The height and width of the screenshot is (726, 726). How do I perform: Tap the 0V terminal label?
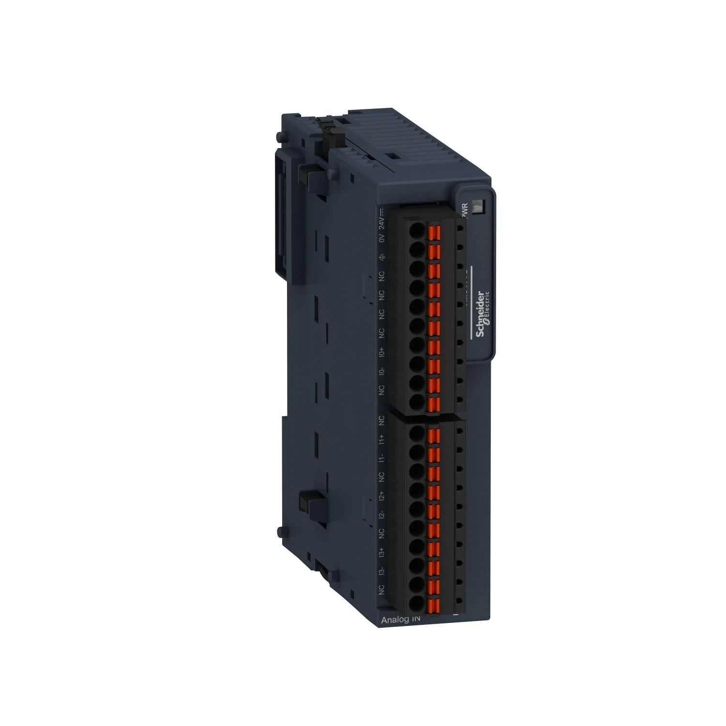pos(381,239)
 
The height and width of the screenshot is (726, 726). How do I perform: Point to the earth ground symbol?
pos(381,257)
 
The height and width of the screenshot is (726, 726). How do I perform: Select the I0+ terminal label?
pos(381,352)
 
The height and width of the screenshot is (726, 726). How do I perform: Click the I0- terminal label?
pos(381,371)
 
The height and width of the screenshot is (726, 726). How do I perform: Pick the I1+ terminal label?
pos(381,439)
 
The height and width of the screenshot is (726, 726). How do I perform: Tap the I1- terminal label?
pos(381,458)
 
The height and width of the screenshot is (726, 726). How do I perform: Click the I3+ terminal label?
pos(381,552)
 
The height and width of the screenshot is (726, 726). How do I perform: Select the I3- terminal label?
pos(381,572)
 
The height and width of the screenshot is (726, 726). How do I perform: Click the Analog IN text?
pos(401,620)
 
